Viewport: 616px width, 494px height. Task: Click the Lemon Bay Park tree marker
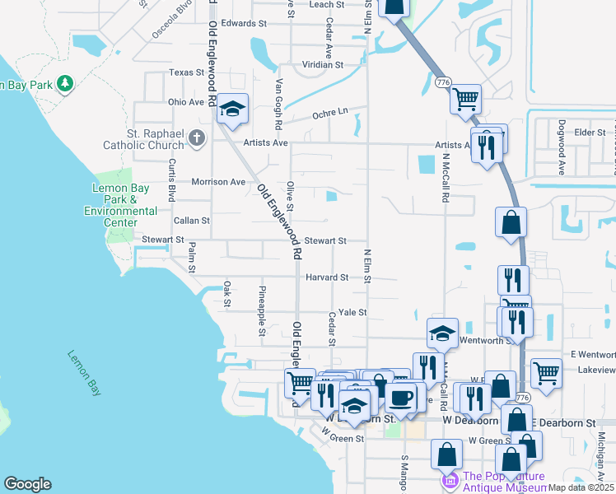65,84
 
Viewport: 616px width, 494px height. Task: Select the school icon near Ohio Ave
233,110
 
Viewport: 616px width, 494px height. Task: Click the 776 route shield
443,82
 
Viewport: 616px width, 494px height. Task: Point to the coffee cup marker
401,398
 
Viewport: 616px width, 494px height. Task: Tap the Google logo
27,484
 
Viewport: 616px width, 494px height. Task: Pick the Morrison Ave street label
218,181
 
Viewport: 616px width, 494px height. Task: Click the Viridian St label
321,63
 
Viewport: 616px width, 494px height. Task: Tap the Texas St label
186,72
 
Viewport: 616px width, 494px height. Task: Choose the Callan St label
192,221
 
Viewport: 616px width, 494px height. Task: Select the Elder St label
590,132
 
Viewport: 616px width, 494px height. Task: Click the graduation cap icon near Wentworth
443,333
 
